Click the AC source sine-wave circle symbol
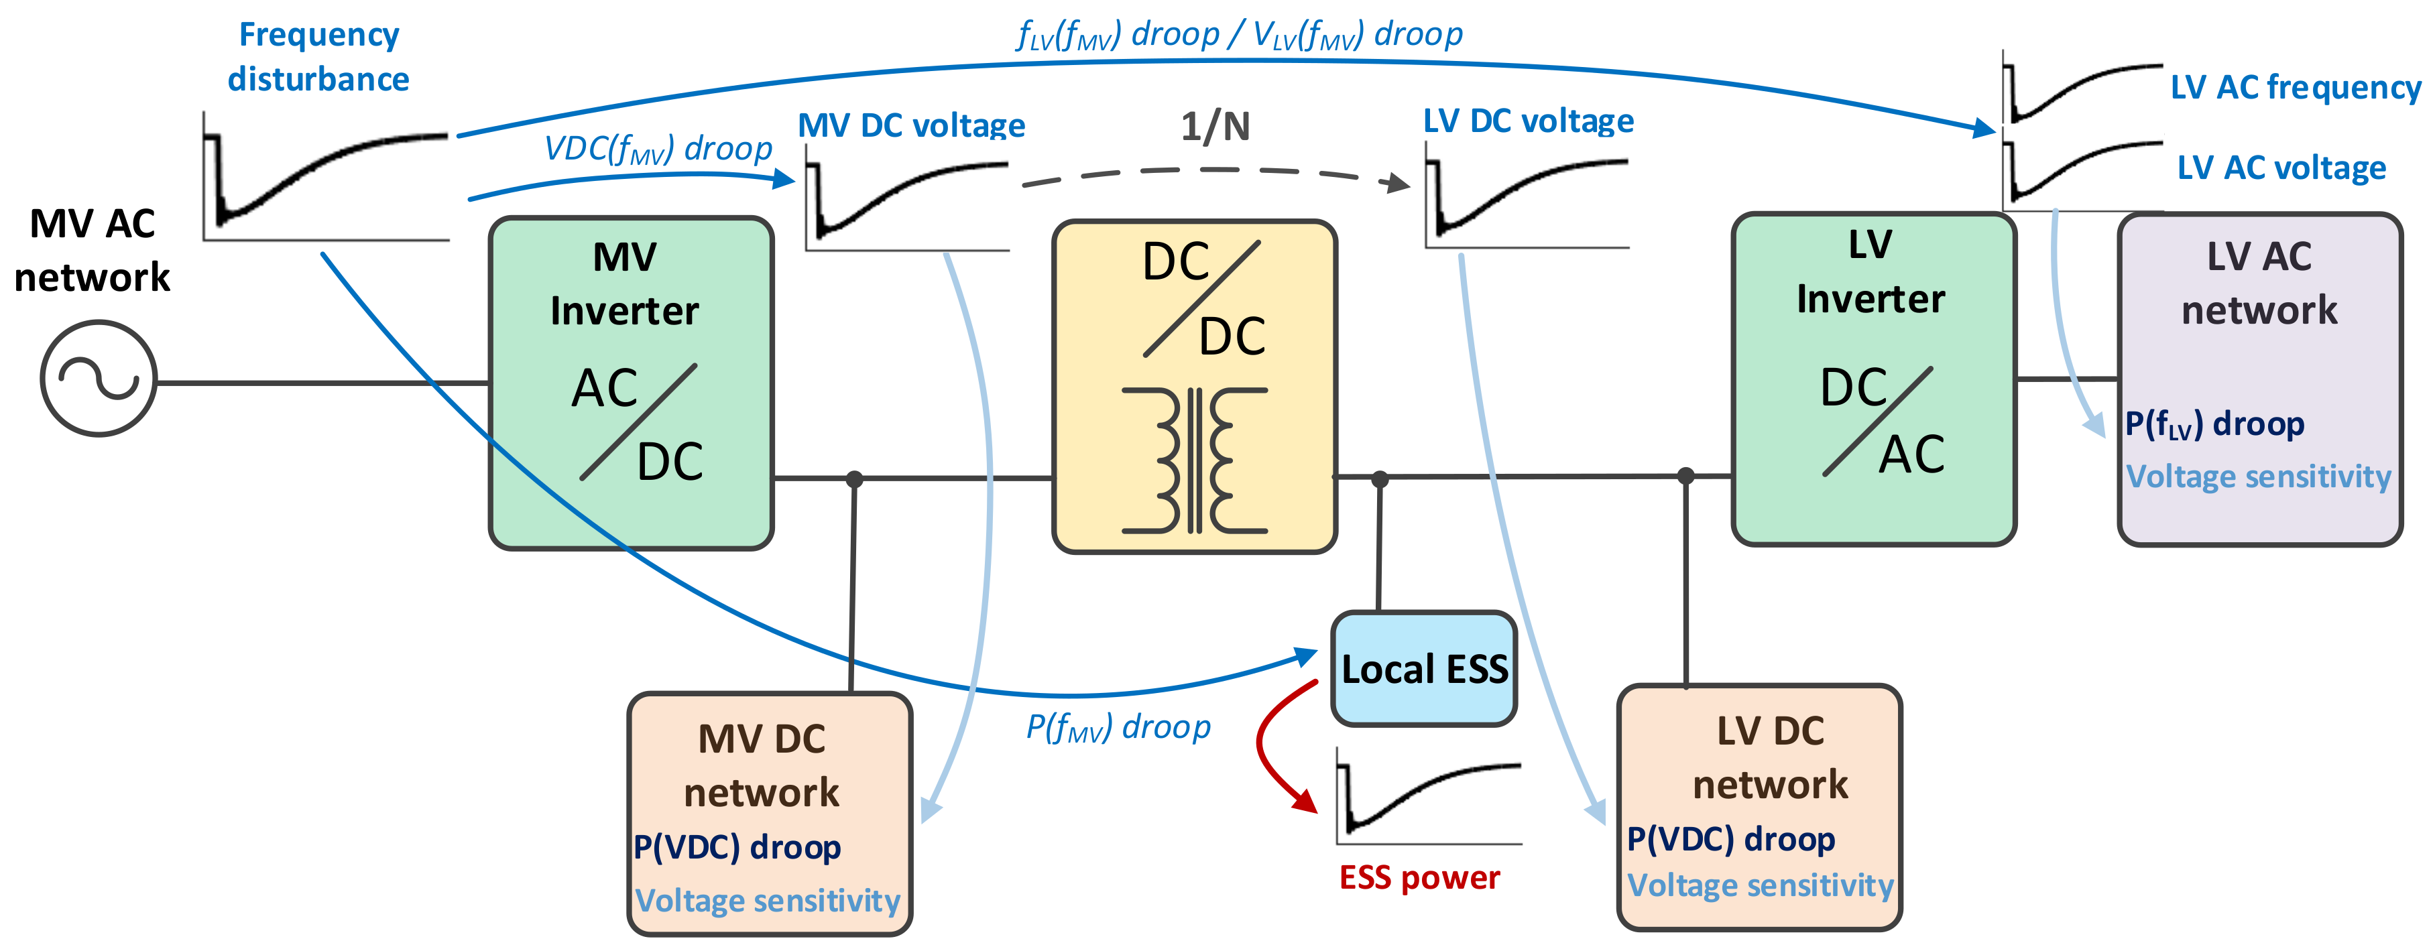(x=99, y=378)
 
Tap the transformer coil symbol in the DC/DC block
(x=1194, y=460)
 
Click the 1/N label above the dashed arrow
(x=1215, y=127)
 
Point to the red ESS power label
(x=1419, y=878)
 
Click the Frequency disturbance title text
(x=318, y=57)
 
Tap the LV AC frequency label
(x=2295, y=88)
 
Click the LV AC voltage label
(x=2281, y=168)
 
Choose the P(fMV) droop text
(x=1118, y=727)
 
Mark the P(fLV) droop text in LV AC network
(x=2214, y=424)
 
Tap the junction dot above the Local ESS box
(x=1380, y=479)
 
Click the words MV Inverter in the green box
(x=625, y=283)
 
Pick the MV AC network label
(x=92, y=251)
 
